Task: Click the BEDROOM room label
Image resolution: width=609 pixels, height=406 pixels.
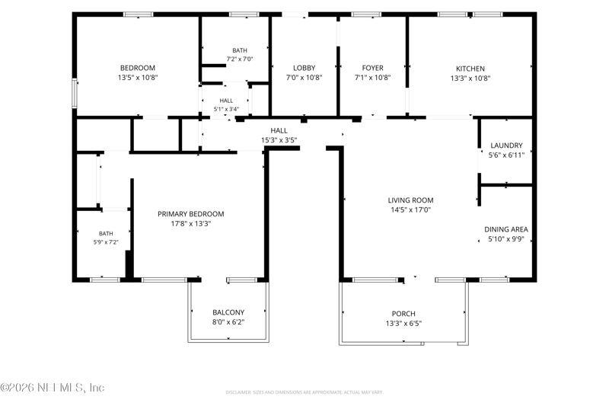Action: click(138, 68)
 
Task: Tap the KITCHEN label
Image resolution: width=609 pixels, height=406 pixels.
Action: click(470, 69)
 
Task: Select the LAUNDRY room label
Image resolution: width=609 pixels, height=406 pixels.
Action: click(506, 145)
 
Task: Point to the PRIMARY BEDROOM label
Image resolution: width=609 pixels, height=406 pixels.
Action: click(191, 214)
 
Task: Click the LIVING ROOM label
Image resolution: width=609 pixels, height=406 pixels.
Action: click(410, 200)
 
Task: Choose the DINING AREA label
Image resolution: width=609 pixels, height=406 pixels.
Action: click(506, 229)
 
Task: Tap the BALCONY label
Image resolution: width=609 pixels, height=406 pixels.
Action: click(228, 312)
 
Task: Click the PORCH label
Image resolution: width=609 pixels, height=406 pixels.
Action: click(403, 314)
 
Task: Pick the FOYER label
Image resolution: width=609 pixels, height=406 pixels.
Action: click(372, 68)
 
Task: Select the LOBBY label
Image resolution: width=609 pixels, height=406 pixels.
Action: click(304, 68)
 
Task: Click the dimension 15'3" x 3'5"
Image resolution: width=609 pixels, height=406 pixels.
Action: click(279, 140)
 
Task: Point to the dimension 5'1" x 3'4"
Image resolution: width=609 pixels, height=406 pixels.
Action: click(226, 109)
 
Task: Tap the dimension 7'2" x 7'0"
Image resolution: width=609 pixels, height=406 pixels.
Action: click(240, 59)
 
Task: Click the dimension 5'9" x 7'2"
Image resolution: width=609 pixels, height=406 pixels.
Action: click(106, 242)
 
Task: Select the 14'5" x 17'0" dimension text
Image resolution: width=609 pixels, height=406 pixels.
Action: click(410, 209)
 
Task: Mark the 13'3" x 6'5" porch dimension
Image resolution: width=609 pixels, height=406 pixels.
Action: click(403, 323)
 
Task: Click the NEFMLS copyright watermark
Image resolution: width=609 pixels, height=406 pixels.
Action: click(53, 388)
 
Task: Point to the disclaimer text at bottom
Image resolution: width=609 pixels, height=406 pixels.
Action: click(304, 392)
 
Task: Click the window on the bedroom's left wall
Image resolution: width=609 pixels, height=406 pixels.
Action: click(75, 93)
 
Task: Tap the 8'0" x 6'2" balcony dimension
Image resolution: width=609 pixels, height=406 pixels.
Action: click(228, 322)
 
